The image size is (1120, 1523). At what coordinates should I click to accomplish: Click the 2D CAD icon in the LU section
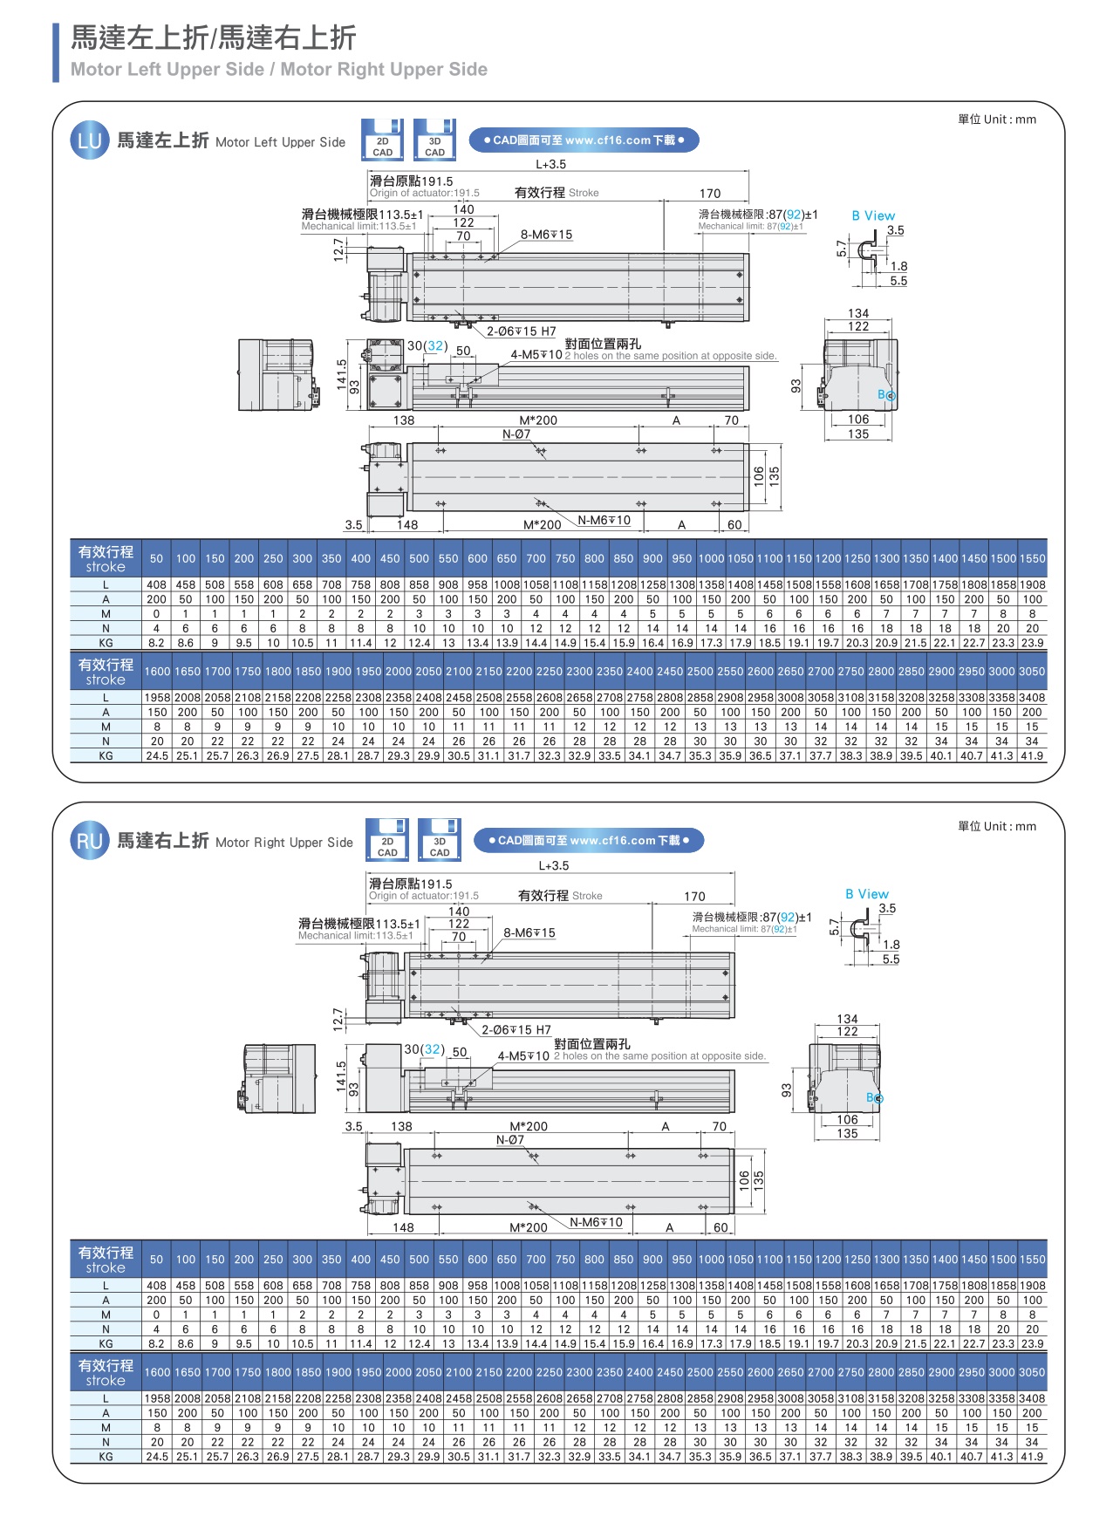pos(382,140)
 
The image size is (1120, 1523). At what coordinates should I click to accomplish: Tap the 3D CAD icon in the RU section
pos(440,840)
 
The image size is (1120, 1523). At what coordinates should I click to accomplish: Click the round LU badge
pos(89,141)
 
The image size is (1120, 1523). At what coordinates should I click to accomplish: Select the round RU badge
pos(89,842)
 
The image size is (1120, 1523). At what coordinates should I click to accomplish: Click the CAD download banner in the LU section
pos(584,140)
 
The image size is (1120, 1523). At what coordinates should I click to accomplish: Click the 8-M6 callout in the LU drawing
pos(546,235)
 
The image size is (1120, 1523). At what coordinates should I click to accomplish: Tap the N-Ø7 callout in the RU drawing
pos(510,1140)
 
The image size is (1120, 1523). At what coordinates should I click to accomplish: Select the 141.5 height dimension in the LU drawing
pos(342,374)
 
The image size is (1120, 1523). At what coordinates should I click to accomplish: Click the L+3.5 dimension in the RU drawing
pos(553,866)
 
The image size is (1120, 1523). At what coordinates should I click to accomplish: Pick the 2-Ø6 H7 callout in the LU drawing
pos(521,331)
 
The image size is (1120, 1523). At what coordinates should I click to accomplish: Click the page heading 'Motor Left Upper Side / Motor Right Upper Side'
pos(279,70)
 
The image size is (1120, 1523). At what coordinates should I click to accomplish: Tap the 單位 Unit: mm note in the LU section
pos(997,120)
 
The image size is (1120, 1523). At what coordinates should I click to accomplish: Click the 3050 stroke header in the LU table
pos(1032,672)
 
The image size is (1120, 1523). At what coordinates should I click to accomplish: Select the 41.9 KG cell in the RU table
pos(1032,1457)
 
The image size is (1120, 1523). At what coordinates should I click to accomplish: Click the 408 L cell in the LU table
pos(157,584)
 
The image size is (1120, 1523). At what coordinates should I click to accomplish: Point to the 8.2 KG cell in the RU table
pos(157,1344)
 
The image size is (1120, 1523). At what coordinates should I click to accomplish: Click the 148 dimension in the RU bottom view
pos(403,1227)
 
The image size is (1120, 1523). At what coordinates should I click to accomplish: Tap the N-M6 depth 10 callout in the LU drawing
pos(605,521)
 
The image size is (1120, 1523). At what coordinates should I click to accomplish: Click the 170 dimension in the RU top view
pos(694,897)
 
